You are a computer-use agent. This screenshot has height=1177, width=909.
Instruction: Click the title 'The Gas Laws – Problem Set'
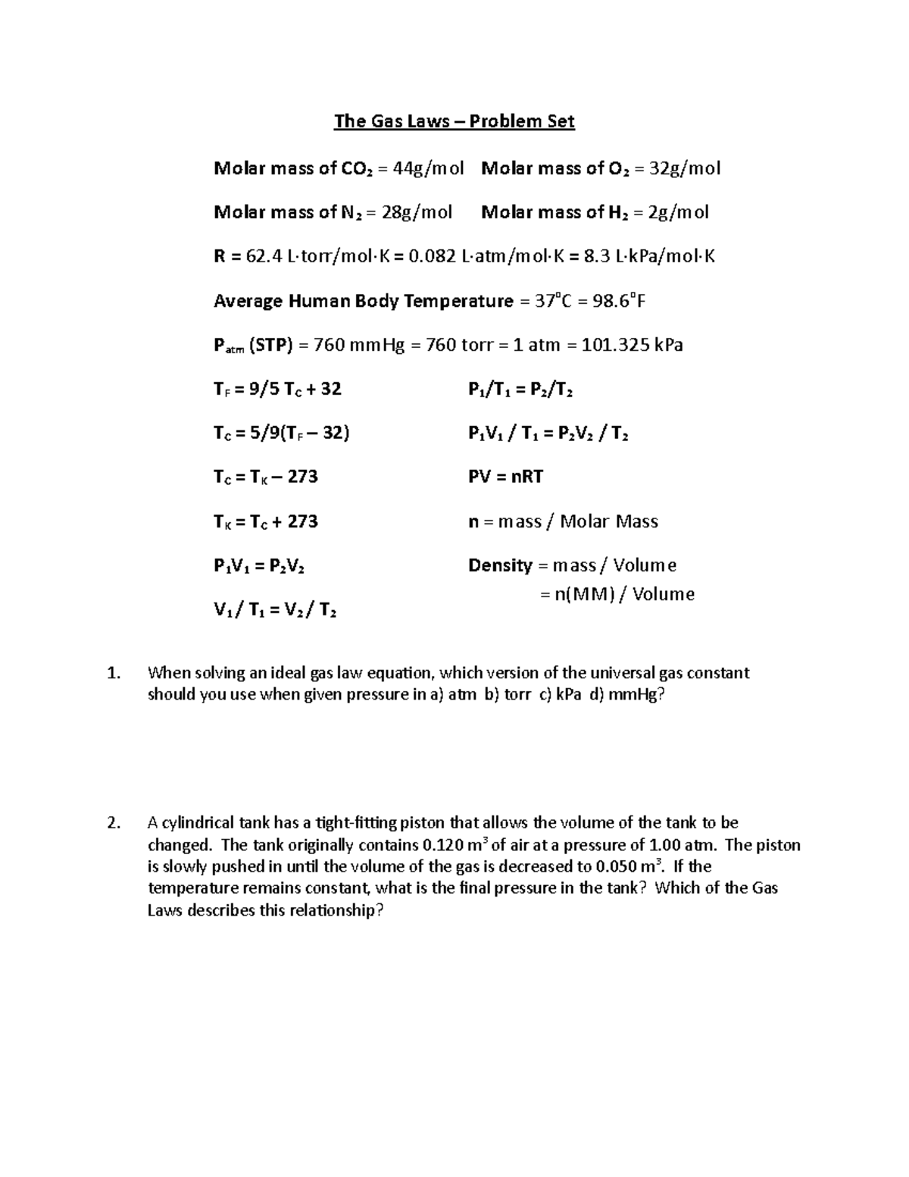[454, 122]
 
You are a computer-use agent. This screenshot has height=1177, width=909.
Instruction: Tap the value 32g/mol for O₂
[676, 168]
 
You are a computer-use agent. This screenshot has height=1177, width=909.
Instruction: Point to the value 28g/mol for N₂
[417, 212]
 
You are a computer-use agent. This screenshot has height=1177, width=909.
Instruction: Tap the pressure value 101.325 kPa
[632, 346]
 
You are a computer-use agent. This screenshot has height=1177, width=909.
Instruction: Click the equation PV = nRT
[506, 477]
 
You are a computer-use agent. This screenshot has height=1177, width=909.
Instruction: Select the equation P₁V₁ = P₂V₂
[260, 566]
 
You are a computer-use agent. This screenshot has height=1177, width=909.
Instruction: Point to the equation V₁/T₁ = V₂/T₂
[275, 610]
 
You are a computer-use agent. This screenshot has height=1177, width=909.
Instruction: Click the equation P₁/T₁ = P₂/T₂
[520, 390]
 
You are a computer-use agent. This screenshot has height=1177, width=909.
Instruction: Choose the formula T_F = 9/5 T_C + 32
[277, 390]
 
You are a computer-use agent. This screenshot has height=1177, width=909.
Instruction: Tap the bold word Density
[500, 565]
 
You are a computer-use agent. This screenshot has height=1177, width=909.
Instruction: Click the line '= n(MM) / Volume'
[617, 594]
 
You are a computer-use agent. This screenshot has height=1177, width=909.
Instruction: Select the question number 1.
[114, 673]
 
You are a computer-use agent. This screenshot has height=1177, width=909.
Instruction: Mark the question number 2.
[114, 823]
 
